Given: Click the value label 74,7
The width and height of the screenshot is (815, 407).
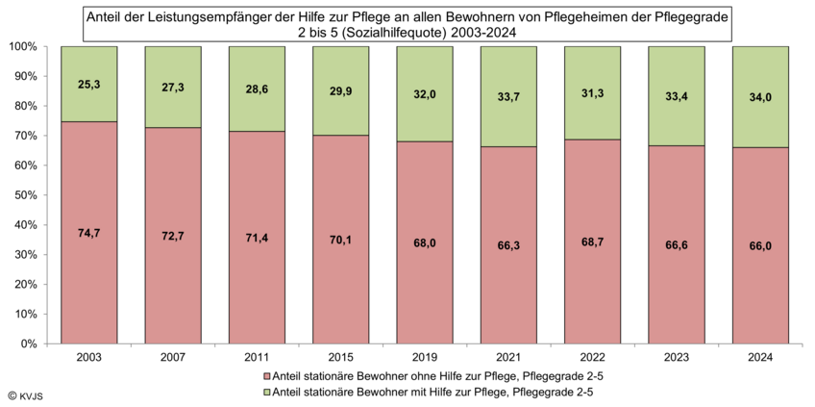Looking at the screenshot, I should pyautogui.click(x=89, y=231).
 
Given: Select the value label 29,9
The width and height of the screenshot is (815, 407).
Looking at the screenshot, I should pyautogui.click(x=341, y=90).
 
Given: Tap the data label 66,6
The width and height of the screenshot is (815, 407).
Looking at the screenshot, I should pyautogui.click(x=677, y=245).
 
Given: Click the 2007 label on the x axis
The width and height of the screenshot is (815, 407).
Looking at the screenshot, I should pyautogui.click(x=173, y=357).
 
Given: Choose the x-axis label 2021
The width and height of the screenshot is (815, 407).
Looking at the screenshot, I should pyautogui.click(x=508, y=357).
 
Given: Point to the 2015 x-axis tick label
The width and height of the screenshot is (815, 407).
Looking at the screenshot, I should pyautogui.click(x=341, y=357).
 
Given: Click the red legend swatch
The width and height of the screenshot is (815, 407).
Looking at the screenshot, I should pyautogui.click(x=266, y=375).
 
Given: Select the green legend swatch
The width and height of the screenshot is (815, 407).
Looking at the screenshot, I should pyautogui.click(x=266, y=392).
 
